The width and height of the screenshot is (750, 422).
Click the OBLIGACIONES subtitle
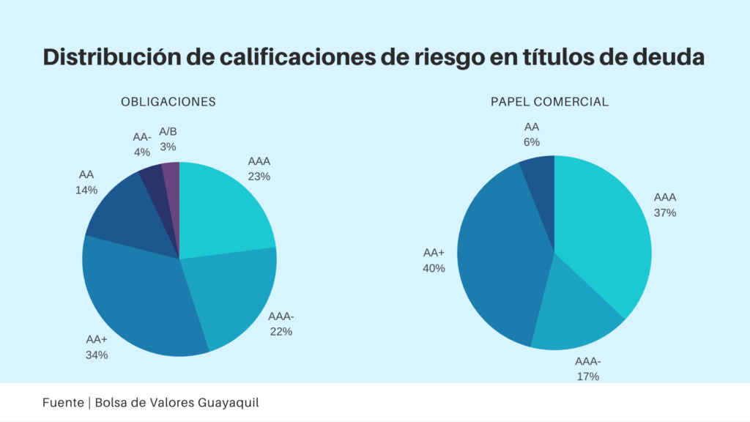pos(168,102)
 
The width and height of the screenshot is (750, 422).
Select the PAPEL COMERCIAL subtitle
pos(549,102)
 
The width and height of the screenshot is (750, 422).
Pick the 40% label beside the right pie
pos(434,268)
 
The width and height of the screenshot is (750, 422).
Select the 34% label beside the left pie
pos(97,355)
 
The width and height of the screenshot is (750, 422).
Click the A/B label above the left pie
pos(168,132)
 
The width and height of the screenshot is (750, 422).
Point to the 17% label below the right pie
pos(587,377)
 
